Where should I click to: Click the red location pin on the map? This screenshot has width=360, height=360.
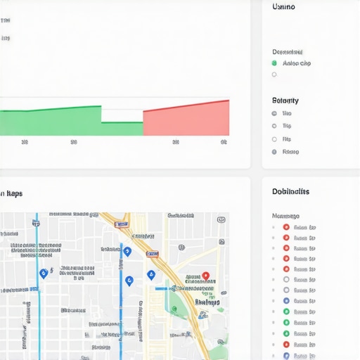tap(205, 276)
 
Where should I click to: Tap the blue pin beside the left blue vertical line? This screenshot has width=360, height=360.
tap(44, 273)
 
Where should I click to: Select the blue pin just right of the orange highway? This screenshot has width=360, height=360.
tap(150, 275)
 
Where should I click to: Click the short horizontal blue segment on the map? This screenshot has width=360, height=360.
tap(161, 288)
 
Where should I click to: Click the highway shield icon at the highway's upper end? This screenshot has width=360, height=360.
tap(122, 224)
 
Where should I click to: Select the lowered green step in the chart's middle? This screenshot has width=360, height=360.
tap(122, 129)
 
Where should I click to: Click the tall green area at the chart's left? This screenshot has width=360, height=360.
tap(49, 122)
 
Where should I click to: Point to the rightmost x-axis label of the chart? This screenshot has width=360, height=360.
tap(224, 142)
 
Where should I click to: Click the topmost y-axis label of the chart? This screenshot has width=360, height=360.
tap(6, 22)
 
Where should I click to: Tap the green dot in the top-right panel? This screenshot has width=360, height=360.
tap(274, 63)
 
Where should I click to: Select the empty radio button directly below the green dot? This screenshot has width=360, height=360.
tap(274, 75)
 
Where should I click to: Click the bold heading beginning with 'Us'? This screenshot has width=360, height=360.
tap(283, 7)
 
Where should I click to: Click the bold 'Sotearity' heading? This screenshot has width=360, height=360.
tap(285, 101)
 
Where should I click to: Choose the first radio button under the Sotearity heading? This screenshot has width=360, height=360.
tap(274, 113)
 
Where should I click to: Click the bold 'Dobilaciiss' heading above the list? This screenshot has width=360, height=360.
tap(290, 191)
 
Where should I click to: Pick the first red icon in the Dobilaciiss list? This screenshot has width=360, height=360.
tap(286, 227)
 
